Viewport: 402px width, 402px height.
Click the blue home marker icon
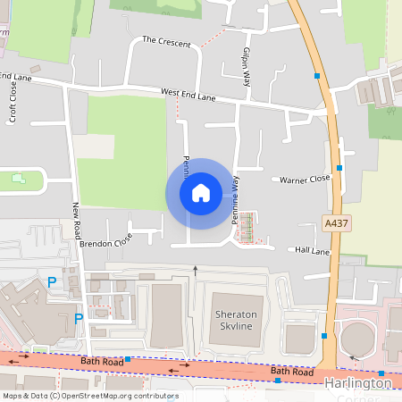201,193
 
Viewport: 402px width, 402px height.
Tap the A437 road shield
336,222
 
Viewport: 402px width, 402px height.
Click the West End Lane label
188,92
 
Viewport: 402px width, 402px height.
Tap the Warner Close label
305,179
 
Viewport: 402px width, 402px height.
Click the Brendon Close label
105,240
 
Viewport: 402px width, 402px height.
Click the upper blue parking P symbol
52,281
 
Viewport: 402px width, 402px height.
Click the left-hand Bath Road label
98,360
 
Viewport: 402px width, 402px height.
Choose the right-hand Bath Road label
292,371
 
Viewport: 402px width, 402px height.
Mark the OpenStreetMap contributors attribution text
89,396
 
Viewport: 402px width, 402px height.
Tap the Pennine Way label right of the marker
237,198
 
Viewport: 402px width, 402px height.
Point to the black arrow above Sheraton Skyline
196,268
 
